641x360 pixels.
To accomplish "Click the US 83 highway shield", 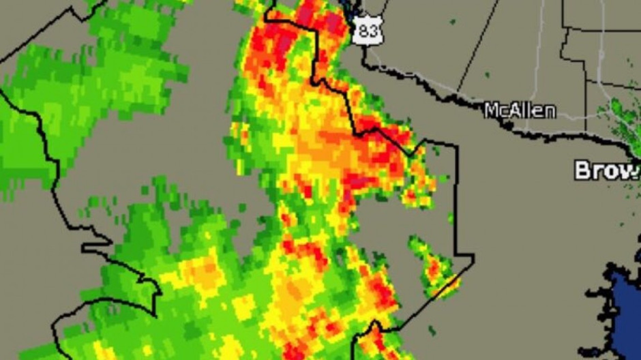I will click(363, 31).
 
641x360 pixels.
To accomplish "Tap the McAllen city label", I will click(520, 110).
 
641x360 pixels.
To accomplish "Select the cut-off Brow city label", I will click(606, 170).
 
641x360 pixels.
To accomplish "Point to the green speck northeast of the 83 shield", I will click(451, 22).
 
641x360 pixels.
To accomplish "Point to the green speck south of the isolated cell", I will click(431, 331).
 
